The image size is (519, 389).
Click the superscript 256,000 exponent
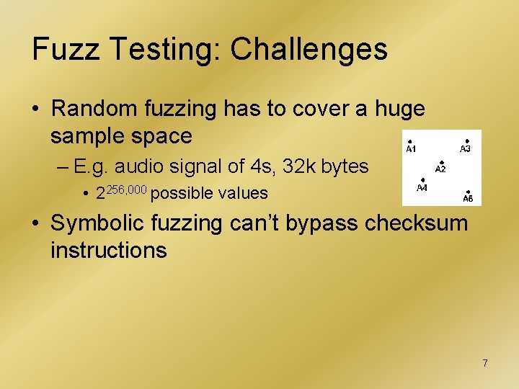tap(127, 188)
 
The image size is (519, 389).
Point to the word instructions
tap(108, 250)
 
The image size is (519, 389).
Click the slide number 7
tap(485, 363)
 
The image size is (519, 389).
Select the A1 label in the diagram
tap(411, 149)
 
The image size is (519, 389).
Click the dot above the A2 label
tap(441, 162)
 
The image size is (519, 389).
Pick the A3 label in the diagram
tap(466, 149)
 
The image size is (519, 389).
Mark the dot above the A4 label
tap(422, 180)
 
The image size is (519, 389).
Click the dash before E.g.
tap(60, 167)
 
